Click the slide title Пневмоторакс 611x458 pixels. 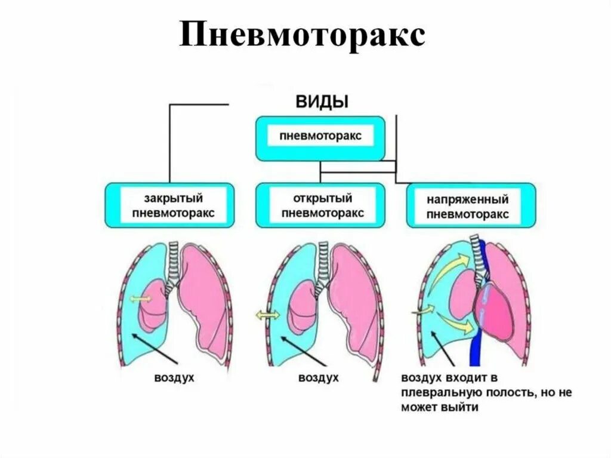(303, 37)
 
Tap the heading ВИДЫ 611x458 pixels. (323, 101)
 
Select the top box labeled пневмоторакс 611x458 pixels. (320, 137)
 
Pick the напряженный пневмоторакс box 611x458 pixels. (471, 205)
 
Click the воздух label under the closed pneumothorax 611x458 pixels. (174, 378)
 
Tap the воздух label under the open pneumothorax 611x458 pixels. (319, 378)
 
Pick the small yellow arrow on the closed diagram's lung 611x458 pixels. (141, 299)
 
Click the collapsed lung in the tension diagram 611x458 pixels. (458, 289)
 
